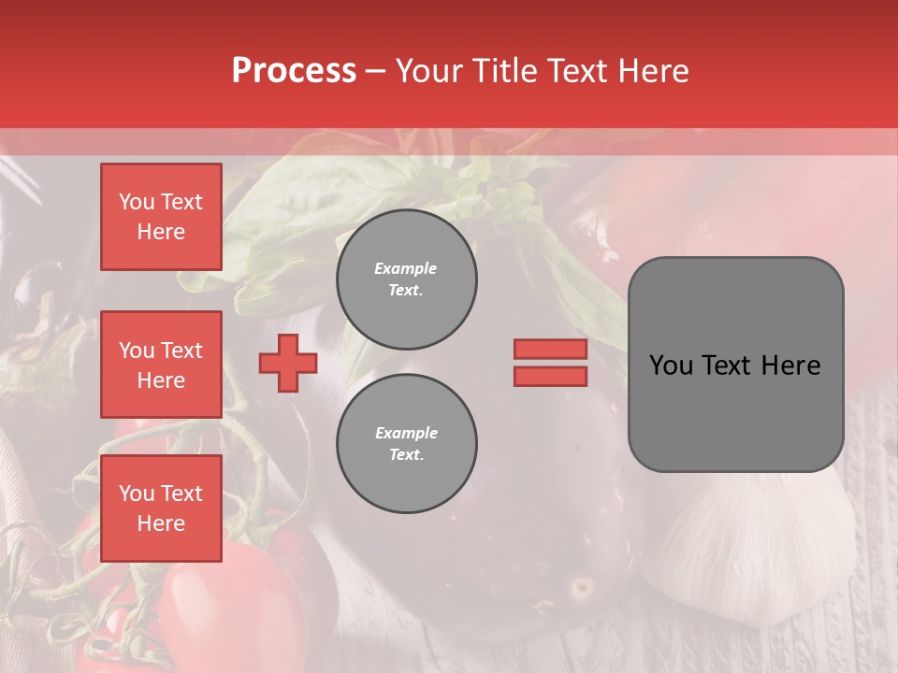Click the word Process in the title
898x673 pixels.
coord(294,71)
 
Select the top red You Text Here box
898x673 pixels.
coord(161,217)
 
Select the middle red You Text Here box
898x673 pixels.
coord(161,365)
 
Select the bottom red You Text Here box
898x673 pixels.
coord(161,508)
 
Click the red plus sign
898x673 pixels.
coord(288,363)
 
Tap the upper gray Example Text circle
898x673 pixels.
coord(406,279)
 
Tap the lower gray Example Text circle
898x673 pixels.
coord(406,444)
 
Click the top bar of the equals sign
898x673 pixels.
coord(550,349)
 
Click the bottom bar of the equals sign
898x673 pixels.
coord(550,376)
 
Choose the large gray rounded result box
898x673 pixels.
coord(735,365)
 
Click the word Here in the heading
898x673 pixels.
coord(652,71)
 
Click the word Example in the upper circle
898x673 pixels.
coord(406,268)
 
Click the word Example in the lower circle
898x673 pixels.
coord(406,433)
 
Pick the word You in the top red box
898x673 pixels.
coord(137,202)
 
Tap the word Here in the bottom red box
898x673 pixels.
coord(161,523)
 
